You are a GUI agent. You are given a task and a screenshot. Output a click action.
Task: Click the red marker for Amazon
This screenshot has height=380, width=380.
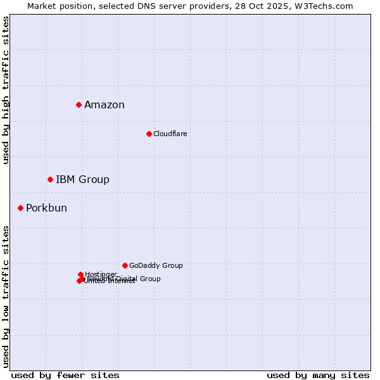[79, 104]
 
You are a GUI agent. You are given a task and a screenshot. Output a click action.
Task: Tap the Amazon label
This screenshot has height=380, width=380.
[104, 105]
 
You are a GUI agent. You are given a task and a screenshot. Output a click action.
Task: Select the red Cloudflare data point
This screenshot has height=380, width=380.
[149, 134]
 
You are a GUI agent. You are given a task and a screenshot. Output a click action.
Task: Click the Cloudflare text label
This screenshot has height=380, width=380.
[170, 134]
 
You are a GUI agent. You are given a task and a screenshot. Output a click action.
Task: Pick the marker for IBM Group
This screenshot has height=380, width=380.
[50, 179]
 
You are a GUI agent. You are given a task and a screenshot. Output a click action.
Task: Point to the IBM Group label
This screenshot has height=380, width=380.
[82, 180]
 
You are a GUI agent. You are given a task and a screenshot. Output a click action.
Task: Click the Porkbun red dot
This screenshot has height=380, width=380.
[20, 208]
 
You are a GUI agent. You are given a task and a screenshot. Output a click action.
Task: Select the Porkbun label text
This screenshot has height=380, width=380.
[46, 208]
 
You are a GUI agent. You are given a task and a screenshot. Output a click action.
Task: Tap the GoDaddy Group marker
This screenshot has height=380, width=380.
[125, 265]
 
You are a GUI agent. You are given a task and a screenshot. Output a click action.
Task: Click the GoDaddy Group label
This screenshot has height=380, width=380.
[156, 266]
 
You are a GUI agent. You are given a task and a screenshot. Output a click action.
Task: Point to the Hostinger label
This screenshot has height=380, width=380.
[101, 274]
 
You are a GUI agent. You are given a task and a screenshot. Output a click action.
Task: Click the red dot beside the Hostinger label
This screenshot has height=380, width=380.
[80, 274]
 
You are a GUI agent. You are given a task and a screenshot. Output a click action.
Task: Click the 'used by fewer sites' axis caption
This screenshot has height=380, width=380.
[65, 375]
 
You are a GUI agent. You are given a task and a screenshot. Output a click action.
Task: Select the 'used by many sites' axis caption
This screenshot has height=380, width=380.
[318, 375]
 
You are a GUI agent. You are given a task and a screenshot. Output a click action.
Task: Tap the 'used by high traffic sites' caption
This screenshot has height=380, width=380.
[6, 90]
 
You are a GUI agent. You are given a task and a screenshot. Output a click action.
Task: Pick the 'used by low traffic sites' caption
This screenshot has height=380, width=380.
[6, 296]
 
